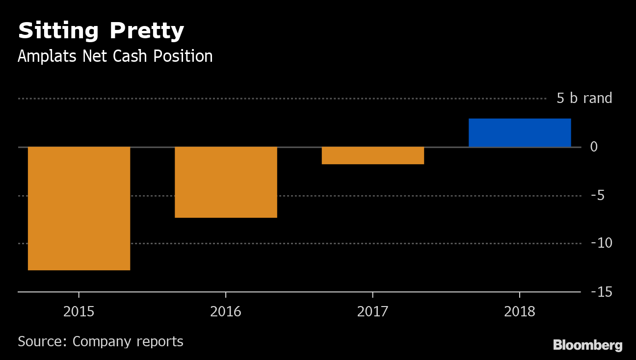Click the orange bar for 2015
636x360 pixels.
point(79,208)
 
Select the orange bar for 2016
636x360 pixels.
point(226,182)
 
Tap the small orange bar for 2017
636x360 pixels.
point(372,155)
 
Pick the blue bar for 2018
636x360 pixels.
point(520,133)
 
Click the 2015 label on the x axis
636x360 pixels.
point(79,311)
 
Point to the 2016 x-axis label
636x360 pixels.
point(226,311)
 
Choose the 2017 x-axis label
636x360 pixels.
point(372,311)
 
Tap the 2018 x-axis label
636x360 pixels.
point(520,311)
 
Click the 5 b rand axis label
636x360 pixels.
point(584,99)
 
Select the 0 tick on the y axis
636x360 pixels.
point(593,147)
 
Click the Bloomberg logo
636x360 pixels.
point(587,345)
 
